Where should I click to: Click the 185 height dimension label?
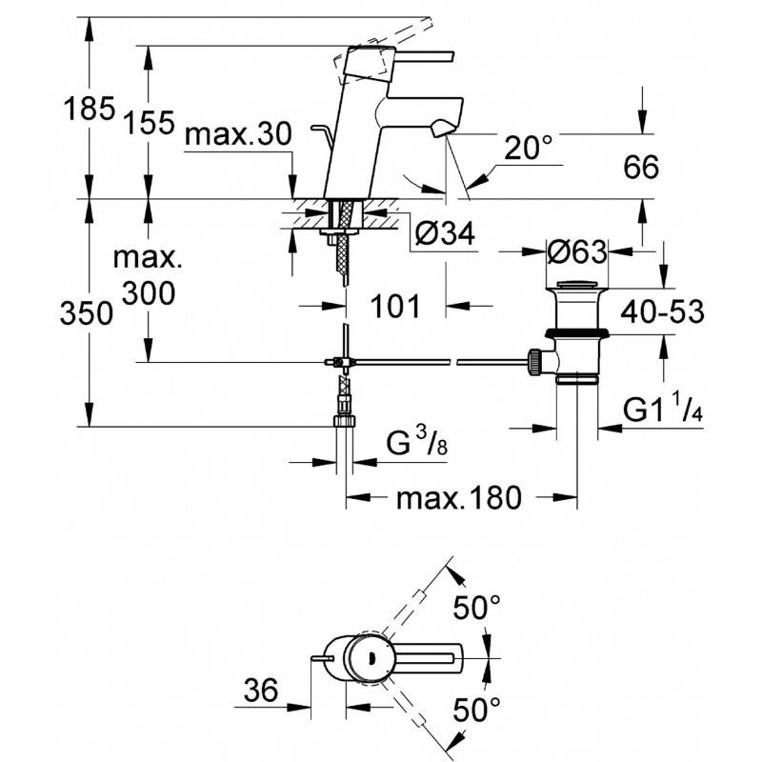point(90,109)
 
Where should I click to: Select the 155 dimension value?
point(149,122)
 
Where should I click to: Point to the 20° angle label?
point(529,148)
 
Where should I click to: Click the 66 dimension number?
point(641,167)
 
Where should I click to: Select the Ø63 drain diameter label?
point(577,251)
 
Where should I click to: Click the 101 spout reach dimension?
point(395,306)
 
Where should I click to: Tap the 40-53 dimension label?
point(662,311)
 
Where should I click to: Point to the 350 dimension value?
point(87,312)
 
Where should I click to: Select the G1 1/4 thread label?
point(663,409)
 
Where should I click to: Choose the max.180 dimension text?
point(459,498)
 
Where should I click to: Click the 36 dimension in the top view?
point(261,690)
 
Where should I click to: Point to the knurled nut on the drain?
point(534,362)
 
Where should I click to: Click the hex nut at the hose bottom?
point(344,421)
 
